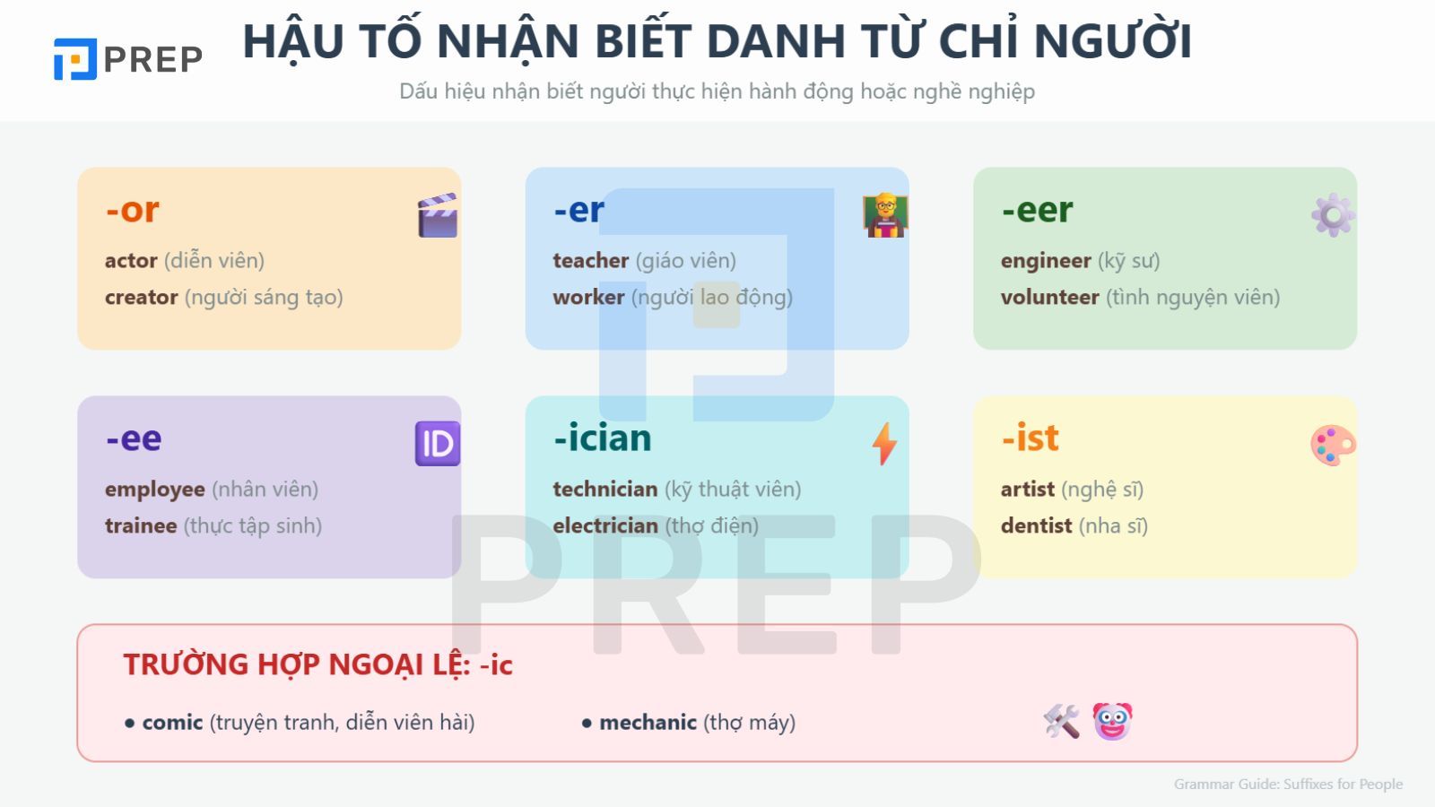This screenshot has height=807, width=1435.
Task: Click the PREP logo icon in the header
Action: coord(74,59)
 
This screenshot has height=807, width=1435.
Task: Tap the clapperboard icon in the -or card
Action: coord(438,215)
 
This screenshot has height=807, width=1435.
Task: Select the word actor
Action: coord(131,261)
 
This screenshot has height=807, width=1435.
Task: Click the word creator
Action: coord(141,298)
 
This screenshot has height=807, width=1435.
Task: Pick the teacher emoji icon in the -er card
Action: coord(885,215)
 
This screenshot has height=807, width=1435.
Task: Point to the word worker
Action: coord(588,298)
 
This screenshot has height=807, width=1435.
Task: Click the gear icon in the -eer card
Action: coord(1333,215)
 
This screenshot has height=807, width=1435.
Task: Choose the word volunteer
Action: coord(1049,298)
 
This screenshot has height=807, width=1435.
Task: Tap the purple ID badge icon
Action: coord(438,444)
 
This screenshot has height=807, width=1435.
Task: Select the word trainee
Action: coord(141,526)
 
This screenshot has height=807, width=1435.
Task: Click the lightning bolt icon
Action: coord(884,444)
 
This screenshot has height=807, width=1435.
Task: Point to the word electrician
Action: coord(605,526)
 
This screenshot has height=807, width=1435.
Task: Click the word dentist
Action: coord(1036,526)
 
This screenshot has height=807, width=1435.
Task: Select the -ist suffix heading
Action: coord(1031,438)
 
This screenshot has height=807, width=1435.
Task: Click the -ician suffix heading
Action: coord(603,438)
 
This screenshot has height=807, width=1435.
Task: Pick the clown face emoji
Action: coord(1112,722)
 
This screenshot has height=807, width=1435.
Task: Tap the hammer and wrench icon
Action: coord(1062,722)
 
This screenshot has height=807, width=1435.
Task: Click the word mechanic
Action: coord(648,723)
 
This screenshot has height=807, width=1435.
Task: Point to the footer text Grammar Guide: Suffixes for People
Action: coord(1288,785)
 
